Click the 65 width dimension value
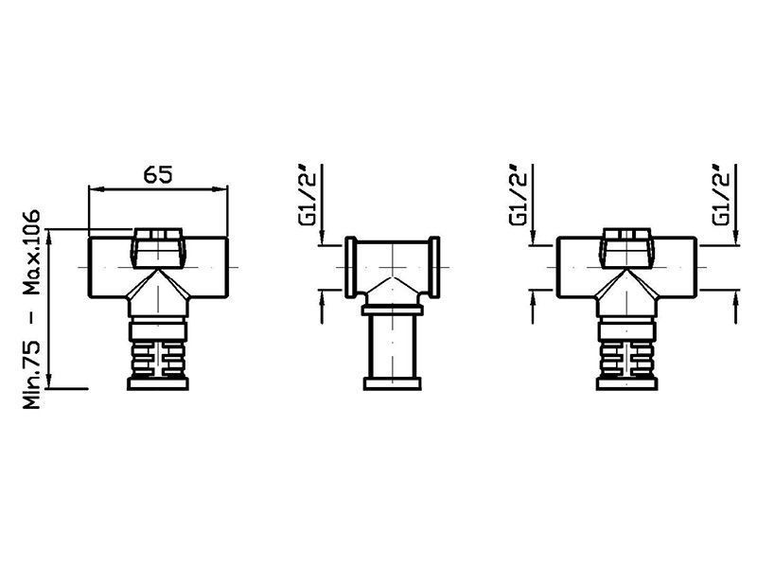point(158,174)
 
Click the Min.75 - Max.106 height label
point(32,310)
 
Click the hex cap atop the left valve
point(158,248)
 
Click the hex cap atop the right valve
point(626,248)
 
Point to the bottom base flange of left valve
point(158,383)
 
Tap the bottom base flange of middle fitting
point(393,383)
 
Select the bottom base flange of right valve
point(626,383)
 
